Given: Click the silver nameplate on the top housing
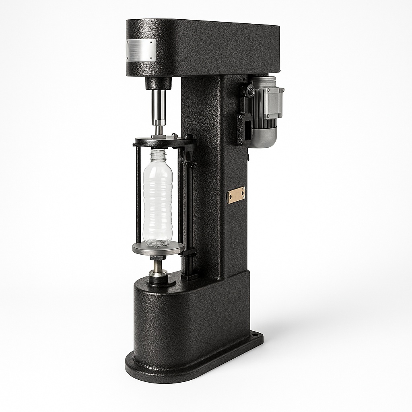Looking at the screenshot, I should click(x=140, y=50).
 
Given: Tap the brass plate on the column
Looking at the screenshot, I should click(x=236, y=195).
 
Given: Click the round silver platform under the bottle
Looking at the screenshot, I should click(x=158, y=248).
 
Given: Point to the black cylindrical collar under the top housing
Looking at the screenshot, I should click(x=158, y=83).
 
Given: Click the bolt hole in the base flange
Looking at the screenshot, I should click(x=254, y=334).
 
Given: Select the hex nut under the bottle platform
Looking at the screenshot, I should click(x=158, y=257).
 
